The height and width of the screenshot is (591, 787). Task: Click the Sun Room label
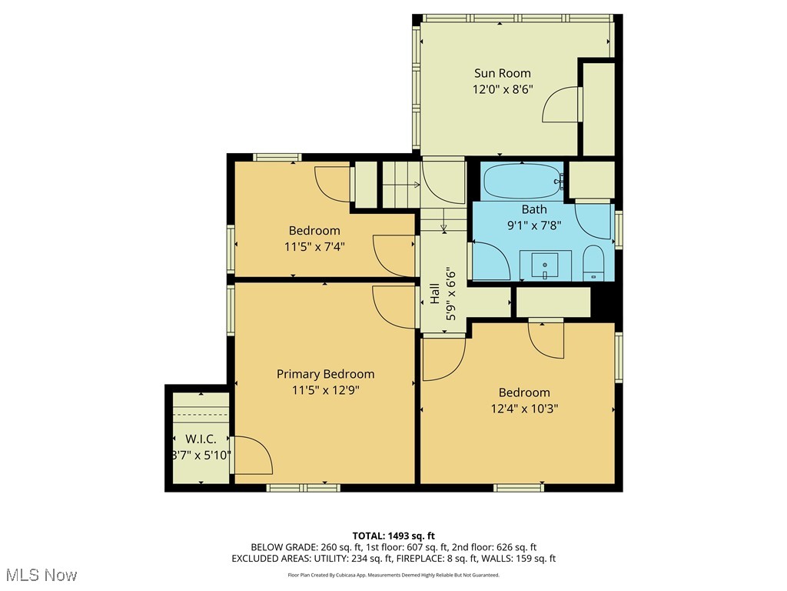(x=502, y=73)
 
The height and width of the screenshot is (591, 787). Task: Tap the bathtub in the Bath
(x=522, y=182)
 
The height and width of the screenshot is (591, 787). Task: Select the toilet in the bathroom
(x=594, y=264)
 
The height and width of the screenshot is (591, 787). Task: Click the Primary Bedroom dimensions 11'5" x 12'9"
(x=325, y=389)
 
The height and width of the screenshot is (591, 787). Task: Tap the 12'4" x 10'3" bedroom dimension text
(x=524, y=409)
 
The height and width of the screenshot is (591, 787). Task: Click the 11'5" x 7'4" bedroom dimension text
(x=314, y=247)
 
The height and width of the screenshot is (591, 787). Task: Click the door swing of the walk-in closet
(x=253, y=455)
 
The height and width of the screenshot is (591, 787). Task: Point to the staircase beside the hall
(x=401, y=185)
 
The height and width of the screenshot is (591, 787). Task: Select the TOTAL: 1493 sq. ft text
(x=393, y=536)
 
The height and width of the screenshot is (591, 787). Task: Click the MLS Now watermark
(x=40, y=575)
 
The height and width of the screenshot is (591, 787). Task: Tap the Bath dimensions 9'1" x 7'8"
(x=534, y=225)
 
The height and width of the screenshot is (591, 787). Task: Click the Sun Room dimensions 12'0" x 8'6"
(x=502, y=89)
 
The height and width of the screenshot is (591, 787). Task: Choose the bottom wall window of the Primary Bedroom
(x=303, y=487)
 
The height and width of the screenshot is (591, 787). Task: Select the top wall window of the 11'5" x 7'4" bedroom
(x=277, y=158)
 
